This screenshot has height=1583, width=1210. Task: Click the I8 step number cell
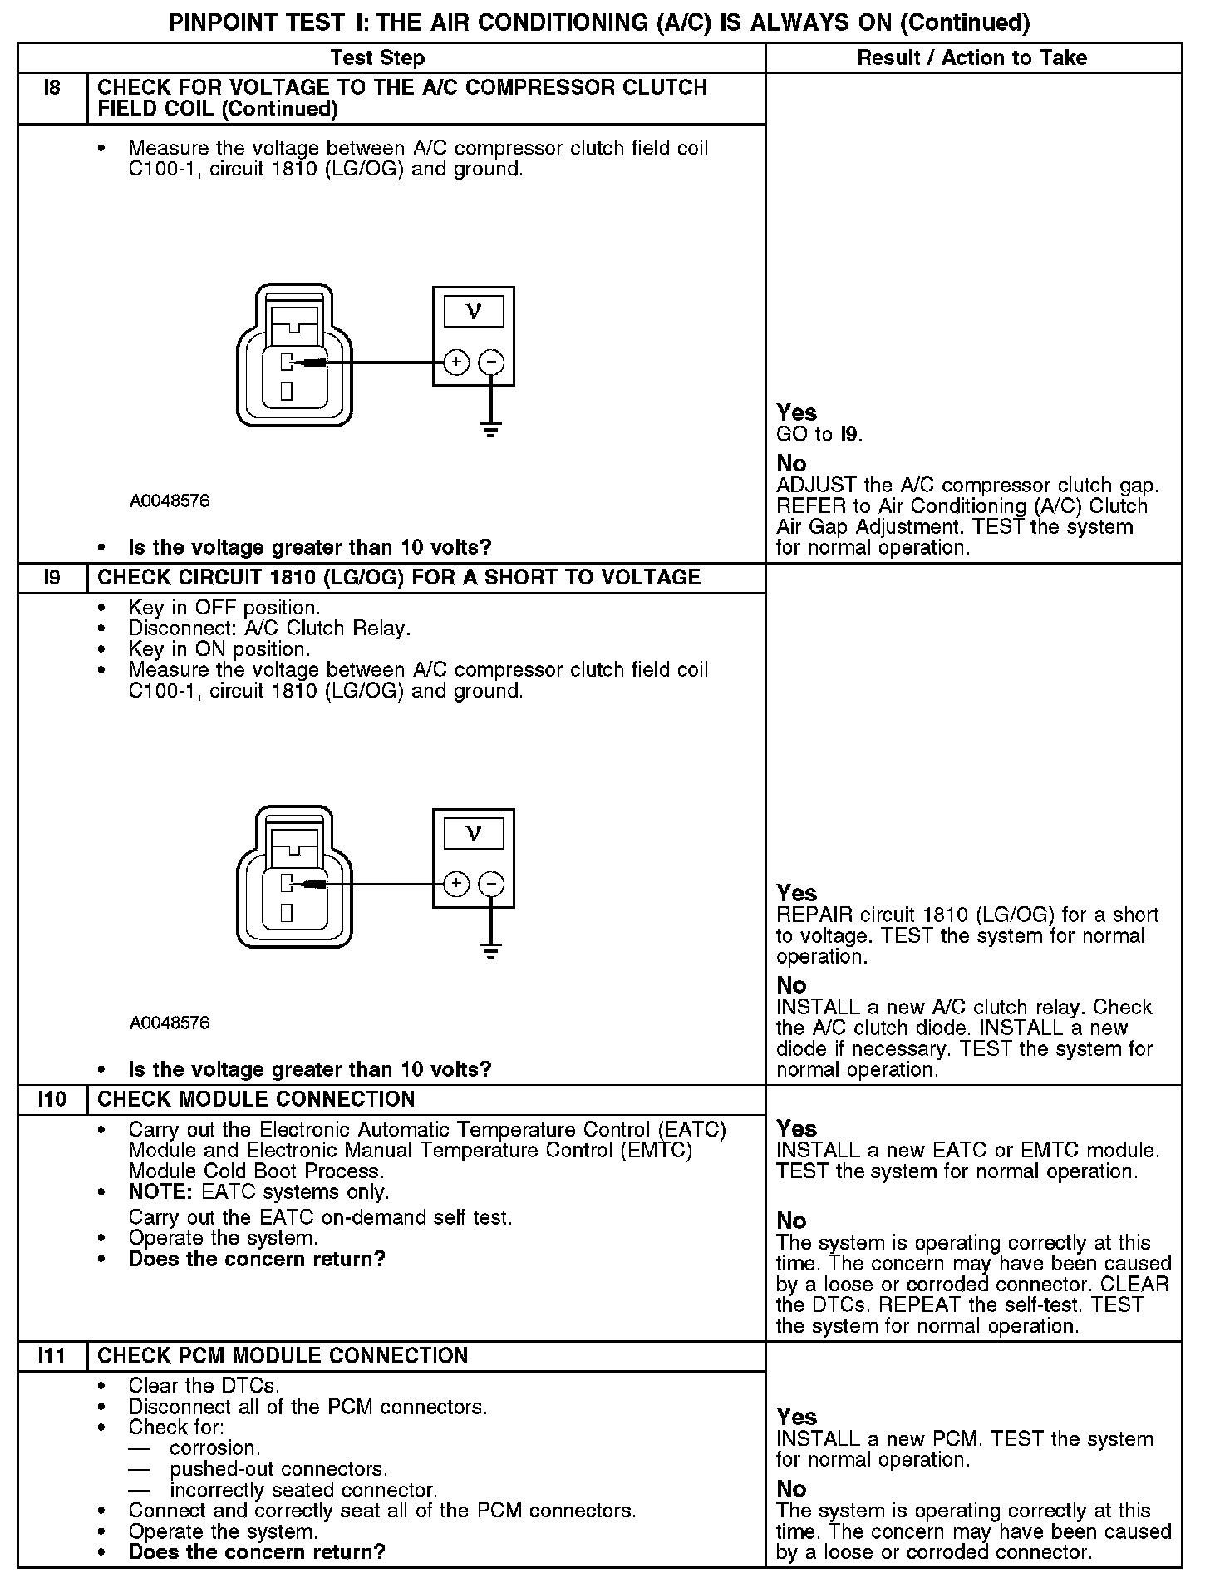pyautogui.click(x=52, y=88)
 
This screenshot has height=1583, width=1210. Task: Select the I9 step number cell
pyautogui.click(x=52, y=577)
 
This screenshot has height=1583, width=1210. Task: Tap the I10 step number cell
pyautogui.click(x=52, y=1099)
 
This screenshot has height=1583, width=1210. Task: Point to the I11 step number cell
pyautogui.click(x=52, y=1355)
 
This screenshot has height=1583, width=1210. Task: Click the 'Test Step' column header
pyautogui.click(x=377, y=57)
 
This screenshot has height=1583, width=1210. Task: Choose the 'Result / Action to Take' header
pyautogui.click(x=971, y=57)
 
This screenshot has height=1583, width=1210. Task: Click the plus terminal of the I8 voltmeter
pyautogui.click(x=456, y=362)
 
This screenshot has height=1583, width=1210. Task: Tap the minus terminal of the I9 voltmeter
pyautogui.click(x=492, y=884)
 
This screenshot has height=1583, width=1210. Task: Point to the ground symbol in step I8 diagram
pyautogui.click(x=491, y=431)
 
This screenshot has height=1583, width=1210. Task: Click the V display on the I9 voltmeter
pyautogui.click(x=474, y=833)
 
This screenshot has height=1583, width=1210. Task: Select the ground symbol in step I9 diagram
pyautogui.click(x=491, y=952)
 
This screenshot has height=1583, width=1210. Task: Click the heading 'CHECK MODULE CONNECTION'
pyautogui.click(x=256, y=1099)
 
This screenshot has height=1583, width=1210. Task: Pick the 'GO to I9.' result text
pyautogui.click(x=819, y=434)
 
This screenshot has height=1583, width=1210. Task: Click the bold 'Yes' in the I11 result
pyautogui.click(x=796, y=1417)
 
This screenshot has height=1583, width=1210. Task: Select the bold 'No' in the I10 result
pyautogui.click(x=791, y=1221)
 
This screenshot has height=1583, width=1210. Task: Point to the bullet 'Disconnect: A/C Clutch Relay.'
pyautogui.click(x=269, y=629)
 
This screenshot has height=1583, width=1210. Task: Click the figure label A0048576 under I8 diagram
pyautogui.click(x=170, y=501)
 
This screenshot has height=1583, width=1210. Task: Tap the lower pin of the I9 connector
pyautogui.click(x=286, y=913)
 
